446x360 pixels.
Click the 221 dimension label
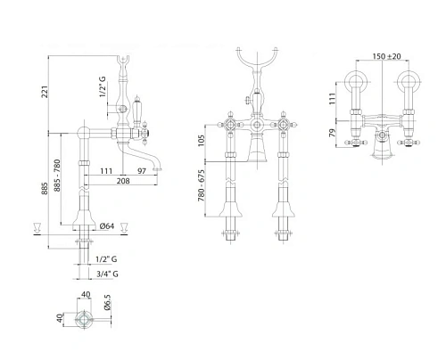45,92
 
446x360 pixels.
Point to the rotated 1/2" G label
103,86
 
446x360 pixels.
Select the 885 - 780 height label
57,176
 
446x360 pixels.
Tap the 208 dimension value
123,181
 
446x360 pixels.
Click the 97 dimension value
142,171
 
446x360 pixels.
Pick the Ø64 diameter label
107,226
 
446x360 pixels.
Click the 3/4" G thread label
107,274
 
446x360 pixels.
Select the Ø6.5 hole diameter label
107,302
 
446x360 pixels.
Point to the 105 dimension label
202,141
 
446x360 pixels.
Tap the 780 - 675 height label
202,185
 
